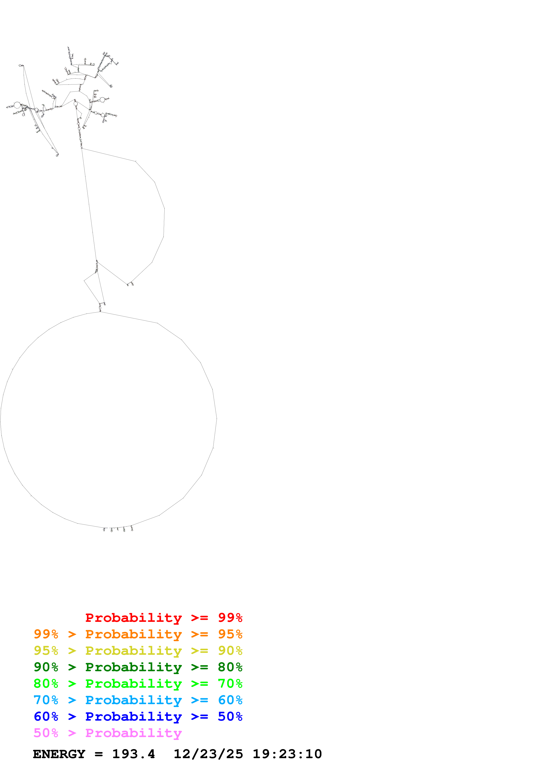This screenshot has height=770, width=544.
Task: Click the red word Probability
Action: (133, 618)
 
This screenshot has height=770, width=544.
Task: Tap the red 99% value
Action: (230, 618)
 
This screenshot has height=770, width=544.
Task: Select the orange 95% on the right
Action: (230, 634)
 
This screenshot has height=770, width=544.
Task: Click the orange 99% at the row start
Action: (46, 634)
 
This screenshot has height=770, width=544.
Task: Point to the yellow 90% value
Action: (230, 651)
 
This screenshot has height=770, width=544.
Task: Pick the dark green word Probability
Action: (133, 667)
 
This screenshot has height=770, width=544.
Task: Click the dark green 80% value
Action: (230, 667)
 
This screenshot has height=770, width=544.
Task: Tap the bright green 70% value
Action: (230, 684)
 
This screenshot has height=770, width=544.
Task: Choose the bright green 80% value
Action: (46, 684)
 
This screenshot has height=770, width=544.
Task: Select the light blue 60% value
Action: (230, 700)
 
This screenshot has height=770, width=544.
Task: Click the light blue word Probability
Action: (133, 700)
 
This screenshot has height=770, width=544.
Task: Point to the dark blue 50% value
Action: (230, 716)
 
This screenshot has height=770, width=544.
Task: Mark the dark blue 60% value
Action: (46, 716)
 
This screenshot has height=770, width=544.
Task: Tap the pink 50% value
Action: (46, 733)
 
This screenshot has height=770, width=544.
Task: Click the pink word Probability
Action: (133, 733)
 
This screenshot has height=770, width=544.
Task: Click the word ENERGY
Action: (59, 754)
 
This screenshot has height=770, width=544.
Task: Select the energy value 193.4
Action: (133, 754)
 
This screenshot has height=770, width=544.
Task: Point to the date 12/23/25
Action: (208, 754)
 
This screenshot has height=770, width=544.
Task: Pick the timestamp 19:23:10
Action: (287, 754)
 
